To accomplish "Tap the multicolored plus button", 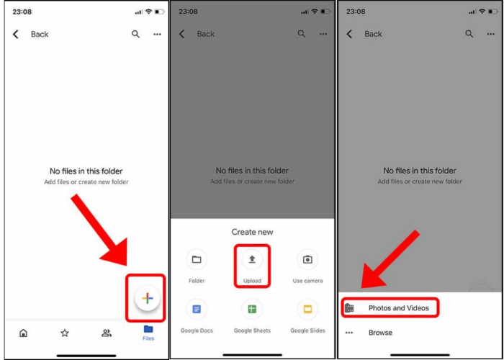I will pyautogui.click(x=147, y=298).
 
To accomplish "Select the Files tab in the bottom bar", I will pyautogui.click(x=148, y=333).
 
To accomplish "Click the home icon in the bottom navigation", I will pyautogui.click(x=23, y=333).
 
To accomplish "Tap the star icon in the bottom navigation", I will pyautogui.click(x=65, y=333).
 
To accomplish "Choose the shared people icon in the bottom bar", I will pyautogui.click(x=107, y=333).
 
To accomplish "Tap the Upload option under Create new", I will pyautogui.click(x=252, y=264).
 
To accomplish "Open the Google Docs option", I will pyautogui.click(x=196, y=310).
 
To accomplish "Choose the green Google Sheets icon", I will pyautogui.click(x=252, y=310).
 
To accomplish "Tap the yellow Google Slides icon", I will pyautogui.click(x=307, y=310).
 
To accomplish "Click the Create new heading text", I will pyautogui.click(x=252, y=232).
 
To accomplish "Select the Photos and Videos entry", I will pyautogui.click(x=398, y=308).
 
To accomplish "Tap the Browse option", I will pyautogui.click(x=380, y=333).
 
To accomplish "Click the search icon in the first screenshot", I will pyautogui.click(x=135, y=34).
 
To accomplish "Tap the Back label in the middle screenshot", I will pyautogui.click(x=206, y=34).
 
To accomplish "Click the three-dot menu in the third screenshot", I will pyautogui.click(x=491, y=34).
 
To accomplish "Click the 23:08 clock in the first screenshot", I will pyautogui.click(x=22, y=12).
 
